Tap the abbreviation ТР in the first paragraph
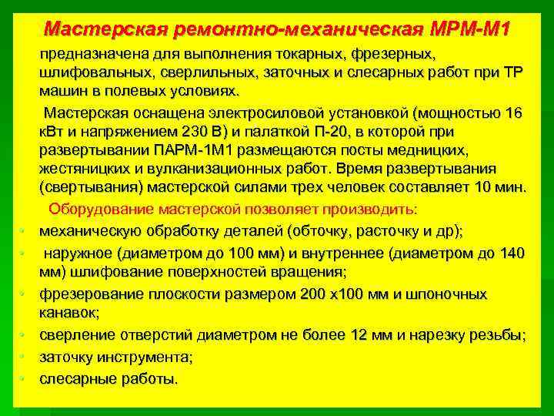pos(509,73)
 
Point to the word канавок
pos(69,314)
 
